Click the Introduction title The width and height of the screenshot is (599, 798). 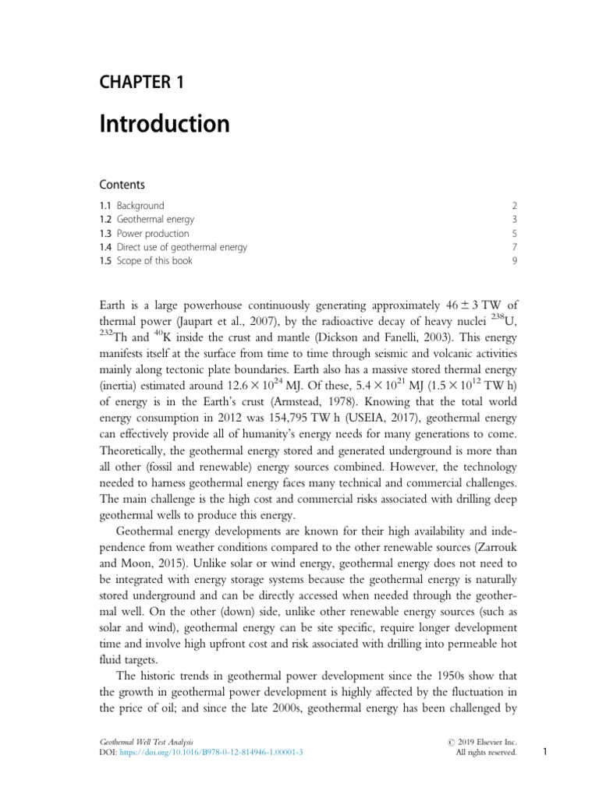[164, 124]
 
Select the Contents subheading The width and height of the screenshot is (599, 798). [122, 185]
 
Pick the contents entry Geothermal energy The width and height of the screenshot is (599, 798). [155, 220]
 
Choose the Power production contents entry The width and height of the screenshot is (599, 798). [152, 233]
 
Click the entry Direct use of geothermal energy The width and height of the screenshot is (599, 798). [182, 247]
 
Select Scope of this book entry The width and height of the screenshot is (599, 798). [154, 260]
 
